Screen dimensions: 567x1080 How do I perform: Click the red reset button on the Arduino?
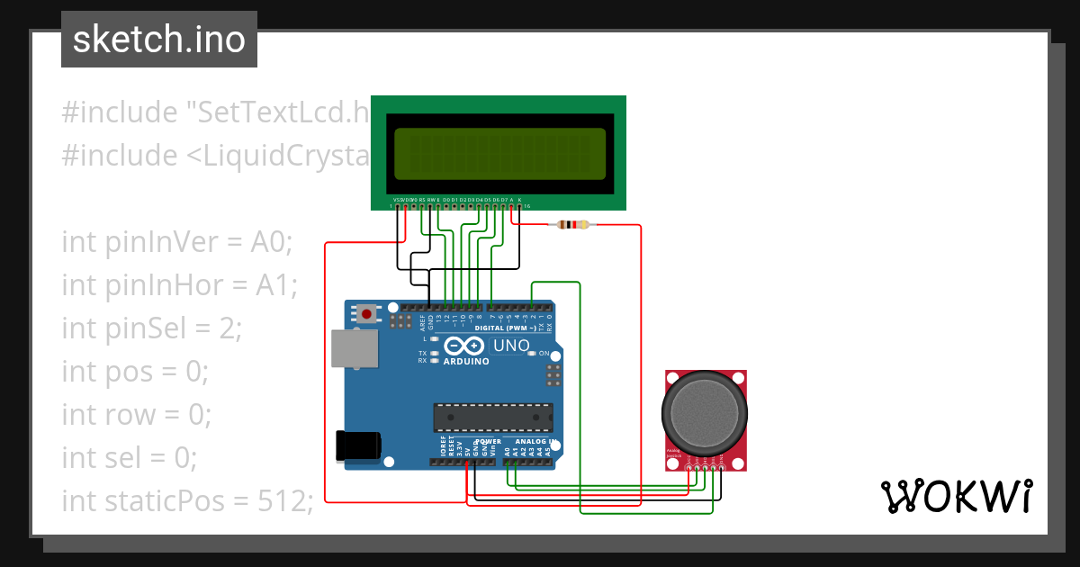pyautogui.click(x=366, y=314)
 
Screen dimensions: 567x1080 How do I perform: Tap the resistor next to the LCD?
pyautogui.click(x=573, y=225)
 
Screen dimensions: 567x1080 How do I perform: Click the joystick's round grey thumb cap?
pyautogui.click(x=704, y=412)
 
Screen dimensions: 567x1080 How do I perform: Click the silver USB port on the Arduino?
pyautogui.click(x=354, y=348)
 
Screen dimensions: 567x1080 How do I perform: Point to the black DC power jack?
pyautogui.click(x=357, y=446)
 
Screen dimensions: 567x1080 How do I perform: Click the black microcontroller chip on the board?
pyautogui.click(x=491, y=417)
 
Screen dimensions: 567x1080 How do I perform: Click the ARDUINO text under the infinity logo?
pyautogui.click(x=464, y=361)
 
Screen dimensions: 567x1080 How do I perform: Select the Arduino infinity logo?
pyautogui.click(x=464, y=346)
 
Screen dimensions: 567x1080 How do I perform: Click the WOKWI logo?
pyautogui.click(x=956, y=495)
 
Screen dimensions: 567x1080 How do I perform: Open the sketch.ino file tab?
pyautogui.click(x=159, y=40)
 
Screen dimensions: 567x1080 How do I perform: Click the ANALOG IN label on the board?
pyautogui.click(x=531, y=442)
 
